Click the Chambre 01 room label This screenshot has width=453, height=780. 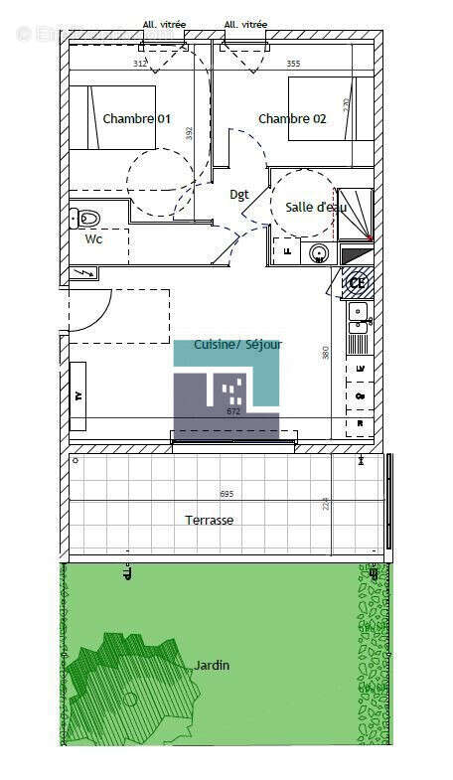tap(136, 119)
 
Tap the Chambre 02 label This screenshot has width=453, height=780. tap(292, 119)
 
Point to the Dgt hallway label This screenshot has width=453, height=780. tap(239, 195)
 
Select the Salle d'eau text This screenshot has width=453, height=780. tap(316, 208)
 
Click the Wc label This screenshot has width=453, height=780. tap(92, 239)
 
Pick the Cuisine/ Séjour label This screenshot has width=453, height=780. tap(237, 345)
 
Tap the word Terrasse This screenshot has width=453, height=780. tap(210, 520)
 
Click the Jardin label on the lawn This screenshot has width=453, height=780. tap(212, 665)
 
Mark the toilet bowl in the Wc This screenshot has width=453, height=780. tap(86, 217)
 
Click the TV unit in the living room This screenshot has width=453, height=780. tap(77, 395)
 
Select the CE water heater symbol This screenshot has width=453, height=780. tap(358, 282)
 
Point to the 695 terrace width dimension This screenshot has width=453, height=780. tap(226, 494)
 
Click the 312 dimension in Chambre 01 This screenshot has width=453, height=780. tap(140, 64)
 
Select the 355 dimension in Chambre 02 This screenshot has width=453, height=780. tap(293, 64)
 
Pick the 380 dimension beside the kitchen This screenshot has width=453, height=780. tap(325, 352)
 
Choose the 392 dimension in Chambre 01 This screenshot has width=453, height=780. tap(188, 131)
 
